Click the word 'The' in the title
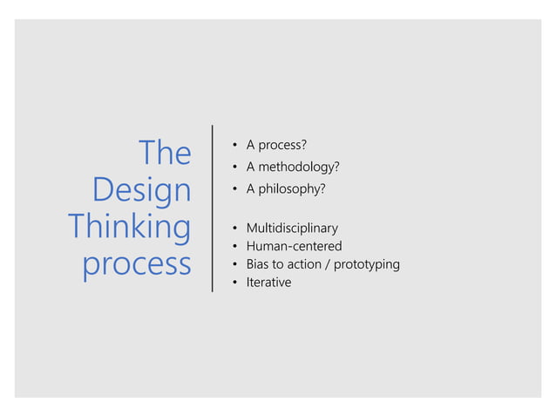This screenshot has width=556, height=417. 165,154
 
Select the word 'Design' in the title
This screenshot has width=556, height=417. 141,190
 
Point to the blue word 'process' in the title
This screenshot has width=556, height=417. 137,264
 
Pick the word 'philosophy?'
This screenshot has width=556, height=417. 293,188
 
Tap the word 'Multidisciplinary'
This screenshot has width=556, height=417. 292,229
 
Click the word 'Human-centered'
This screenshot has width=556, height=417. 294,247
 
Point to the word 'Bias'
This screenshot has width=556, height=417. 259,264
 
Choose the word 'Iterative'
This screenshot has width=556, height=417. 268,283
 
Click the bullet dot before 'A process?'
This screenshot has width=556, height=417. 234,144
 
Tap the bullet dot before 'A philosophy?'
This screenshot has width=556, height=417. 234,188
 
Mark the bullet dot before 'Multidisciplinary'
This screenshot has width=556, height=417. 234,229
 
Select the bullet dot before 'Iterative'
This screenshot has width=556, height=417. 234,283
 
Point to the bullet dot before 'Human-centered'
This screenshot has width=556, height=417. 234,247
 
